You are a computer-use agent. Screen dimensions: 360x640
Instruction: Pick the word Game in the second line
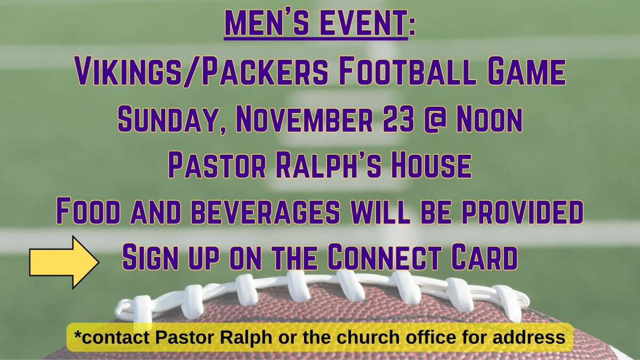coord(525,72)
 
